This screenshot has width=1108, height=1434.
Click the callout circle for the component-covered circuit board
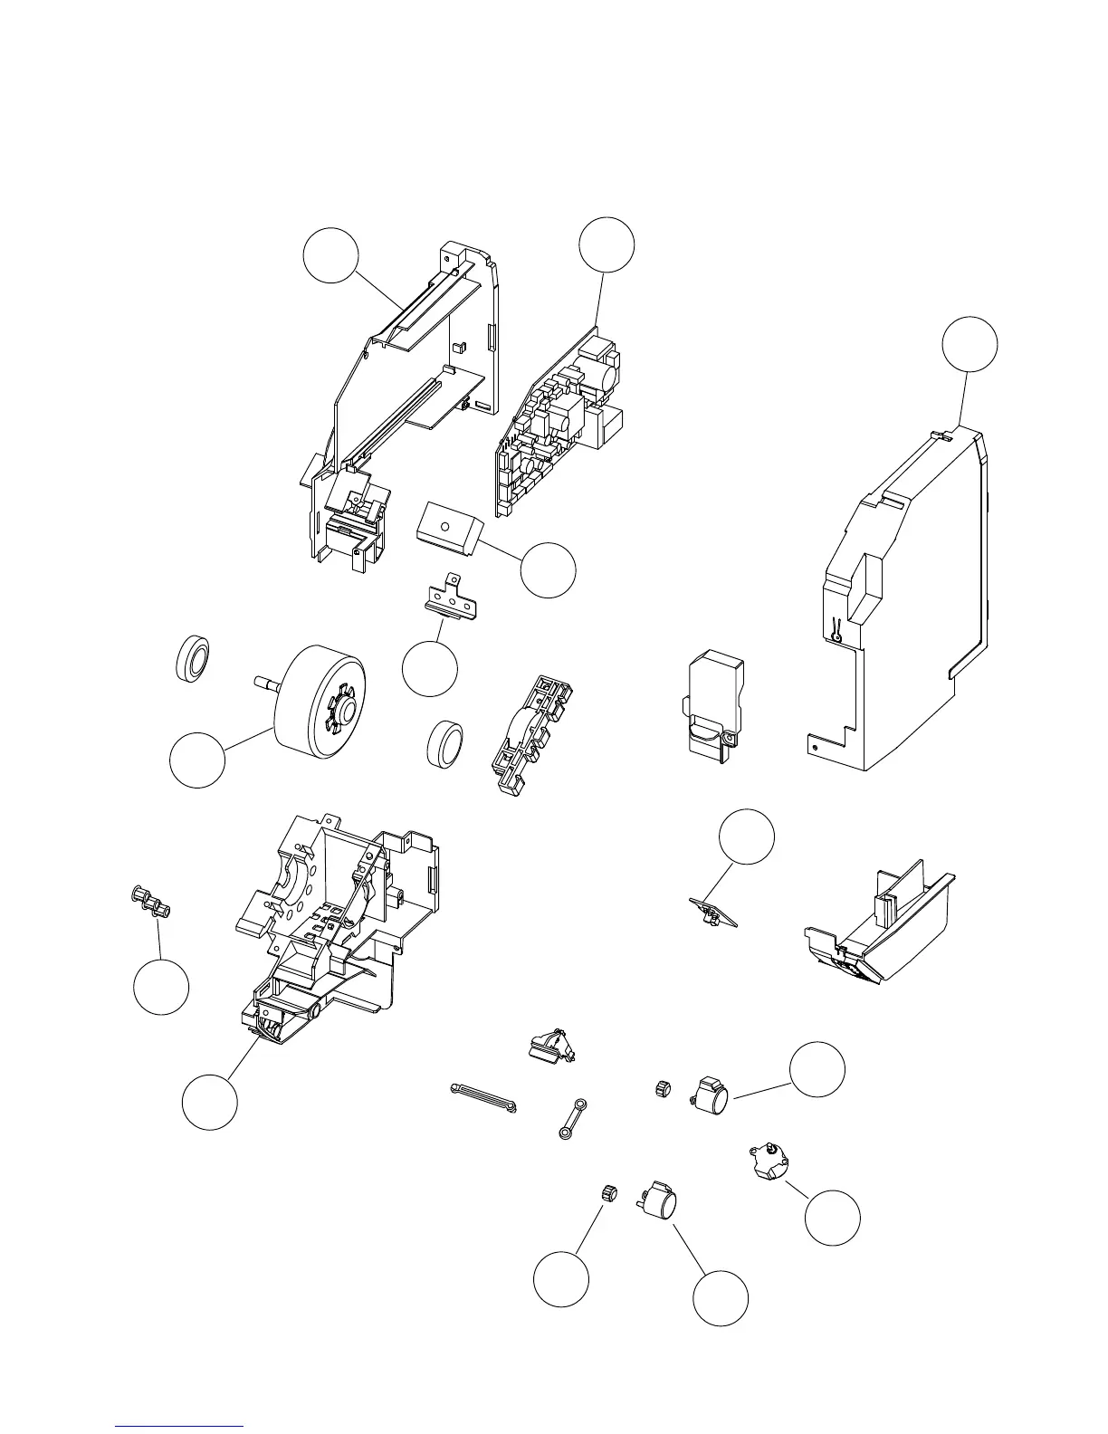click(x=607, y=244)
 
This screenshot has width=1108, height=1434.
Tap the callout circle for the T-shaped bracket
click(x=429, y=668)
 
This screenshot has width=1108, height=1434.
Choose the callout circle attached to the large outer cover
click(x=969, y=345)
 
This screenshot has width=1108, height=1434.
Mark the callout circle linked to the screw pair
click(x=161, y=987)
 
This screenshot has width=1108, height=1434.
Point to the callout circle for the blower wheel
click(x=197, y=760)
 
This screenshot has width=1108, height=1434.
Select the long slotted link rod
click(x=482, y=1096)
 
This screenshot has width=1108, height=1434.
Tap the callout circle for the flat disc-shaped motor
click(x=833, y=1217)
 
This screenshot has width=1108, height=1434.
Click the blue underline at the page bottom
click(x=180, y=1425)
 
